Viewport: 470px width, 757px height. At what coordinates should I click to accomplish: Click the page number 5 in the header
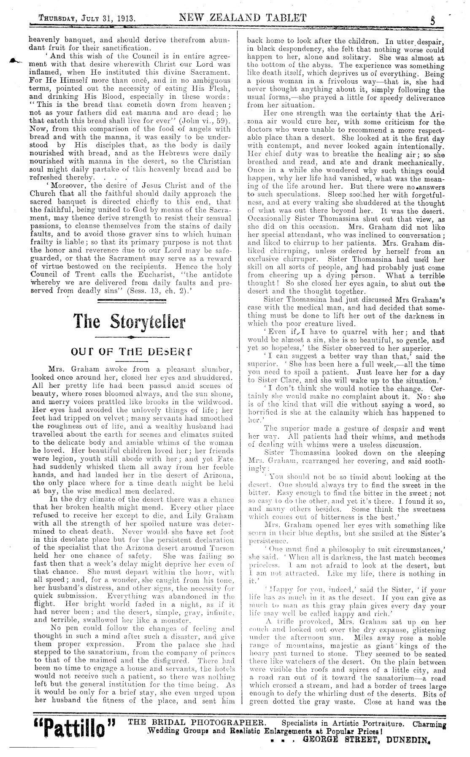433,20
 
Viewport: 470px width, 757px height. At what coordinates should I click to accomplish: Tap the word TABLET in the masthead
283,18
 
